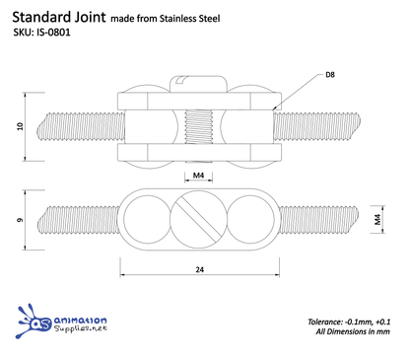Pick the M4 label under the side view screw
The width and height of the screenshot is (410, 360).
point(199,176)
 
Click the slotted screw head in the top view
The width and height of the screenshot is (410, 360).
point(199,219)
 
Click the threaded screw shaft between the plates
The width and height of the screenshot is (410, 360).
point(199,127)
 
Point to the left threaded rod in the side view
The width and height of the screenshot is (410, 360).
point(74,127)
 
